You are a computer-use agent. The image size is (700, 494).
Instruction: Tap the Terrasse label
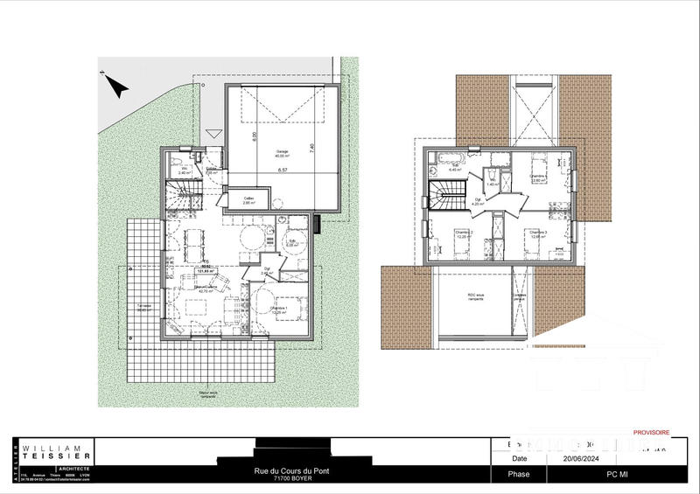point(144,307)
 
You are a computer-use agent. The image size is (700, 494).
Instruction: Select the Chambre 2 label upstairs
point(464,233)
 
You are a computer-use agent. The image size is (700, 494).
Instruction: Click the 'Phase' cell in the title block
point(519,475)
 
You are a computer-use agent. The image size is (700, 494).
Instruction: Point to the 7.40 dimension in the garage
point(312,149)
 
